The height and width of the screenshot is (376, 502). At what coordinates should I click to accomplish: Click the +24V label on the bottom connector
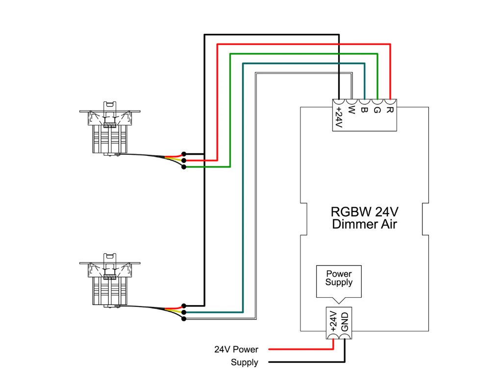pyautogui.click(x=333, y=322)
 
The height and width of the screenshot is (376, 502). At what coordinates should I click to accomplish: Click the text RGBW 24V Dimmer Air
pyautogui.click(x=364, y=218)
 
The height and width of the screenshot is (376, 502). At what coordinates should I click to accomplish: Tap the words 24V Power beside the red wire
pyautogui.click(x=236, y=350)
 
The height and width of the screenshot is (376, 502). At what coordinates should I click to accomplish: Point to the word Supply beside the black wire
pyautogui.click(x=245, y=363)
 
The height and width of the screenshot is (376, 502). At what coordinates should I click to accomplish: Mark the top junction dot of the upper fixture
pyautogui.click(x=183, y=154)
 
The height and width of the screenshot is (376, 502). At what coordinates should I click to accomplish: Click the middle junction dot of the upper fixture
pyautogui.click(x=183, y=160)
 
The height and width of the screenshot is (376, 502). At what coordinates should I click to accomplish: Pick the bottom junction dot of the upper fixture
pyautogui.click(x=183, y=167)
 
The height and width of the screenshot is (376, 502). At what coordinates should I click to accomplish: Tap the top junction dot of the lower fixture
pyautogui.click(x=183, y=305)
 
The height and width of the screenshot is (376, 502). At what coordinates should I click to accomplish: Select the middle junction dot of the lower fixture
pyautogui.click(x=183, y=312)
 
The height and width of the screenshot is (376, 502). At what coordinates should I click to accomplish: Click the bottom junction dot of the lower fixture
pyautogui.click(x=183, y=319)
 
